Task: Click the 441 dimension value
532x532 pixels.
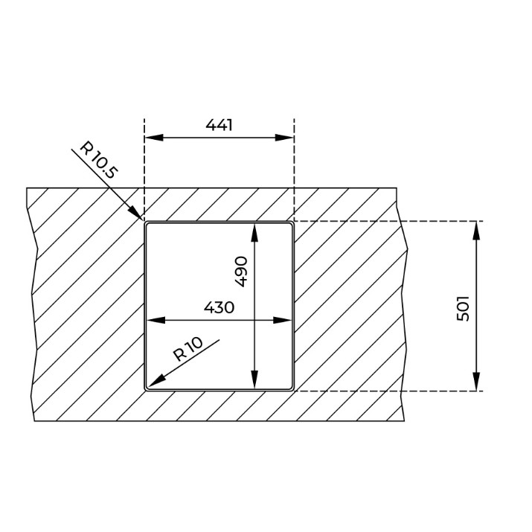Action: (x=219, y=125)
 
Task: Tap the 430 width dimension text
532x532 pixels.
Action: (x=219, y=307)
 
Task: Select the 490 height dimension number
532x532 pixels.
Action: (x=241, y=272)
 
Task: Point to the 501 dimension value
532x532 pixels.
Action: (x=463, y=308)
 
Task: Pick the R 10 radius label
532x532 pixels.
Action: (x=188, y=349)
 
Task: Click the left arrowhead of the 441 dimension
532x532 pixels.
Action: (x=154, y=138)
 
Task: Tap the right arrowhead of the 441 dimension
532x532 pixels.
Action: (x=284, y=138)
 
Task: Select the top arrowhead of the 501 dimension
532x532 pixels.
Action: (x=476, y=231)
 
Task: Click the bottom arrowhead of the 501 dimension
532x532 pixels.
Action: (x=476, y=382)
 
